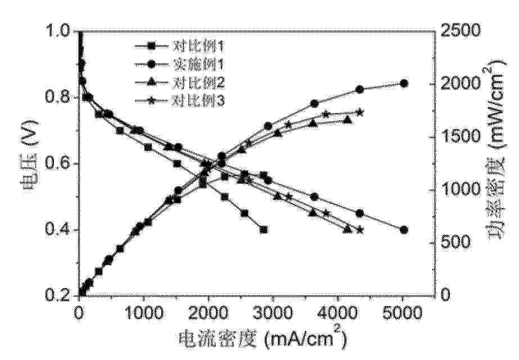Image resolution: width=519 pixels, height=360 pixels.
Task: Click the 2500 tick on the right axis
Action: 461,31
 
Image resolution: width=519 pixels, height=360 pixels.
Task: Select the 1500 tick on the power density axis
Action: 461,137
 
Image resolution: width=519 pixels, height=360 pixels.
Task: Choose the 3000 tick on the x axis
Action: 273,310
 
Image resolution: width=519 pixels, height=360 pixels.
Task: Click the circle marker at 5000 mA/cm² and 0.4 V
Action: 404,229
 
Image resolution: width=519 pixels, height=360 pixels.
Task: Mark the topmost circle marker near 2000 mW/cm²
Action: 404,83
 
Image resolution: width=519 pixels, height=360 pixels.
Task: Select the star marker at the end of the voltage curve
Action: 360,229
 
